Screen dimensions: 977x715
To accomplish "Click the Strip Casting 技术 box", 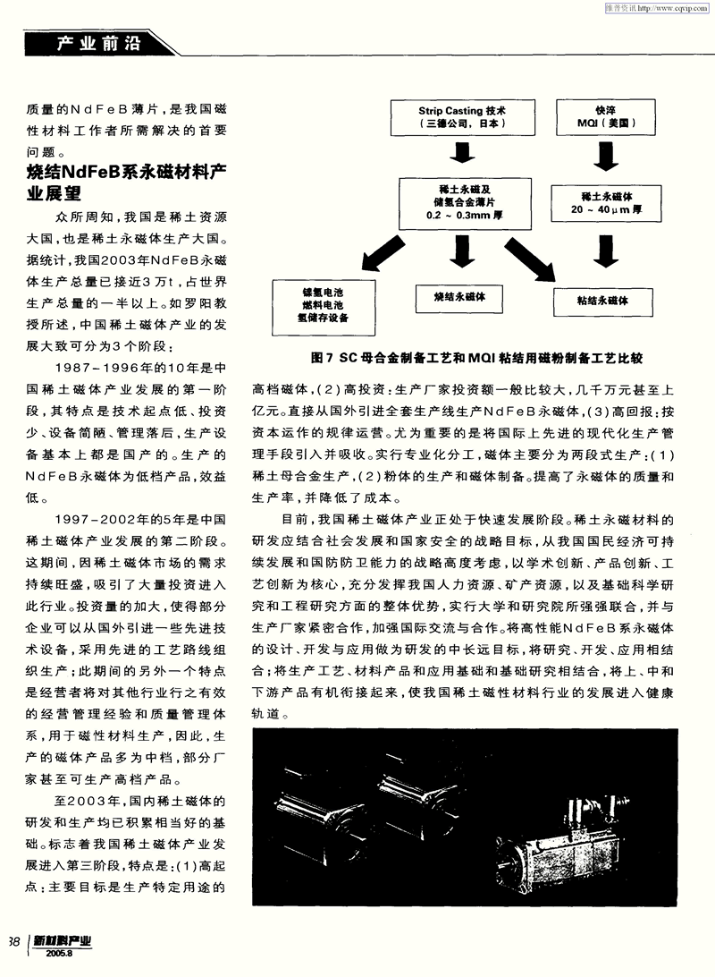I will click(462, 117).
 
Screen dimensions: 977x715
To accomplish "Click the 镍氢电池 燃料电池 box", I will click(324, 304).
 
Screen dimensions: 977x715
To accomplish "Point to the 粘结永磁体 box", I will click(602, 301).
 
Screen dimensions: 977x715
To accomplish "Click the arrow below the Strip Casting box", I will click(462, 156).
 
